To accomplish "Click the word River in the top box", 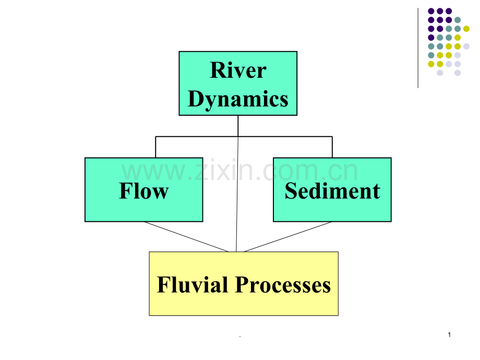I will [x=238, y=70].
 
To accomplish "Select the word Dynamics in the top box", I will [x=238, y=99].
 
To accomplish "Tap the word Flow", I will [x=143, y=191].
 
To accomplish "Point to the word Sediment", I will [x=332, y=191].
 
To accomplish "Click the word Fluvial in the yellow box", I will [x=193, y=285].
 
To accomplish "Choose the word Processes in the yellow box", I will [x=283, y=285].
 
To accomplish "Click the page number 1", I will [x=450, y=334].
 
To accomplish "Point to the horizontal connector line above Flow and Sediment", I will [x=198, y=137].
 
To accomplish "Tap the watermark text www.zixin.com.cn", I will [x=239, y=171].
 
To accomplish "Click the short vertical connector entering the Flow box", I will [x=155, y=147].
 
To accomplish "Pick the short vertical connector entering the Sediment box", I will [x=332, y=147].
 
